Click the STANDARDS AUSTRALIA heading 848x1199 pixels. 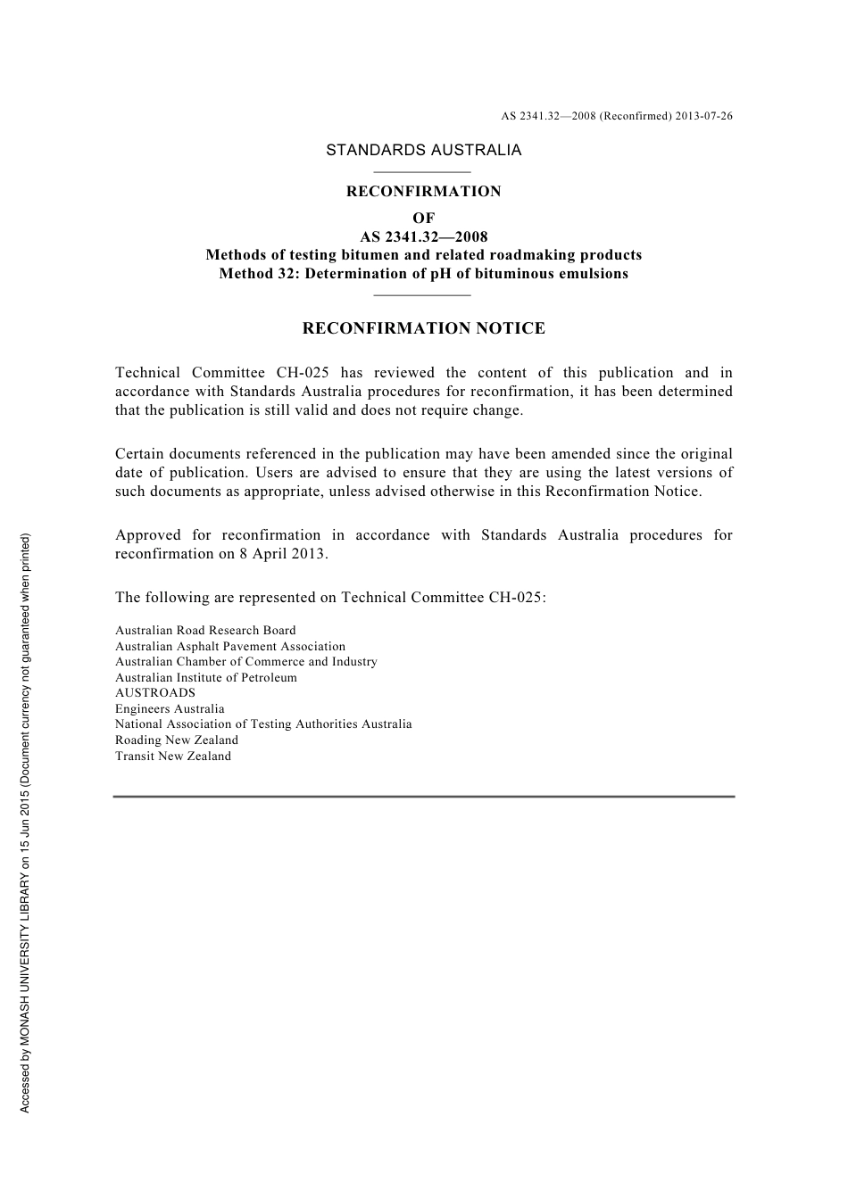click(x=423, y=150)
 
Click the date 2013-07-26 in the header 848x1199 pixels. click(x=704, y=116)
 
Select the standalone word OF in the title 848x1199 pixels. click(x=423, y=218)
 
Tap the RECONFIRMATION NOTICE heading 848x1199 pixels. click(x=423, y=328)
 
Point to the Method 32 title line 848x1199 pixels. click(x=423, y=274)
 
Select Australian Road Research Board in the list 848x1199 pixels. click(x=205, y=631)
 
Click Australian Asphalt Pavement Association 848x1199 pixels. click(x=229, y=647)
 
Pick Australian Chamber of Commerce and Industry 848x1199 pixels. click(x=245, y=662)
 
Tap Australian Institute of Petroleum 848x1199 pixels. click(x=205, y=678)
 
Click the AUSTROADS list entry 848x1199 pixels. click(x=155, y=693)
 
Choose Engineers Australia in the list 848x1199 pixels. click(x=170, y=709)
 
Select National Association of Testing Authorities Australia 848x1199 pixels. click(x=263, y=724)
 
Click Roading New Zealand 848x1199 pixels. click(x=177, y=740)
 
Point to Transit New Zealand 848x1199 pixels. click(x=173, y=757)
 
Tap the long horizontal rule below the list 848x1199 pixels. click(x=423, y=796)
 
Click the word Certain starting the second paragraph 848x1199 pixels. click(x=141, y=454)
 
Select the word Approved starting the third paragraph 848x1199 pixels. click(x=147, y=535)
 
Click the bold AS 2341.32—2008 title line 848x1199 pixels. click(x=423, y=237)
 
